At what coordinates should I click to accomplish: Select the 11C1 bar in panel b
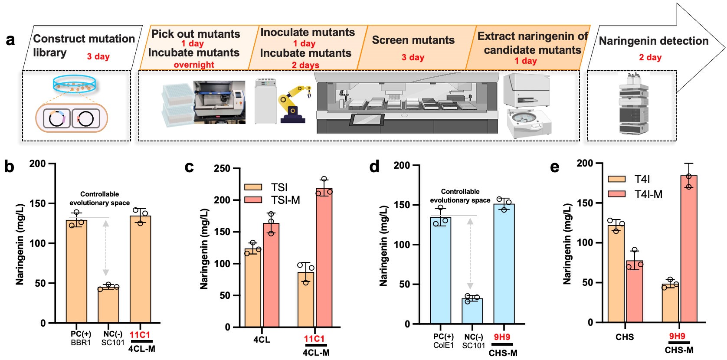[140, 269]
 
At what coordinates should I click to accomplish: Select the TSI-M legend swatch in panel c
[253, 200]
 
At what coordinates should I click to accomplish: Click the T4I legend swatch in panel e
[616, 179]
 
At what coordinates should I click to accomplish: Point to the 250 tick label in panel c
[222, 168]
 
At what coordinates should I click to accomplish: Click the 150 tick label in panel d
[401, 205]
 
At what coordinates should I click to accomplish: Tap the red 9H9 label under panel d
[502, 337]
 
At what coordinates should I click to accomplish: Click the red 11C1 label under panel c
[314, 339]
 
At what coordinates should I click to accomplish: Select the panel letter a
[10, 40]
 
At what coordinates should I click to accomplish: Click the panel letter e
[554, 167]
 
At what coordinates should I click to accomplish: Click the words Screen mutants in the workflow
[413, 40]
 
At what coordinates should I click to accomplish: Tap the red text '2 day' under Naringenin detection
[650, 57]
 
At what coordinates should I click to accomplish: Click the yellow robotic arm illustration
[294, 104]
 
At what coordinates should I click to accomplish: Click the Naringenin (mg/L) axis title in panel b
[20, 244]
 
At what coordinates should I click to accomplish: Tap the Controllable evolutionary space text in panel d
[460, 196]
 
